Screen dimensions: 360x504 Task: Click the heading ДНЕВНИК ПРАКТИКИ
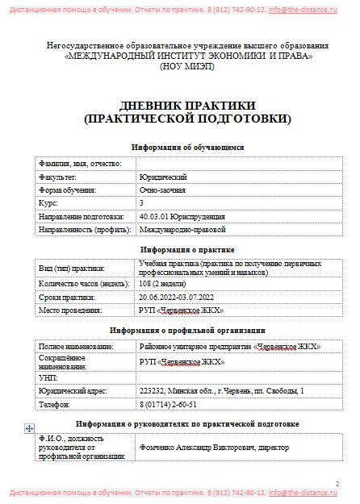[x=187, y=106]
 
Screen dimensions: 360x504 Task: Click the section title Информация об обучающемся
[x=187, y=147]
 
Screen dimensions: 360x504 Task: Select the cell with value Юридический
[x=163, y=176]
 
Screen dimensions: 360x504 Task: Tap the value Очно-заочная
[x=162, y=190]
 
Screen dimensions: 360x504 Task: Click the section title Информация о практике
[x=187, y=250]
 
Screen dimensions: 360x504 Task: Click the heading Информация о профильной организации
[x=187, y=330]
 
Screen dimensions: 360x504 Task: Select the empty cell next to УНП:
[x=239, y=377]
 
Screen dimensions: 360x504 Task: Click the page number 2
[x=337, y=482]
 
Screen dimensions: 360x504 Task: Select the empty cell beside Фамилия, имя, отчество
[x=239, y=163]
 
